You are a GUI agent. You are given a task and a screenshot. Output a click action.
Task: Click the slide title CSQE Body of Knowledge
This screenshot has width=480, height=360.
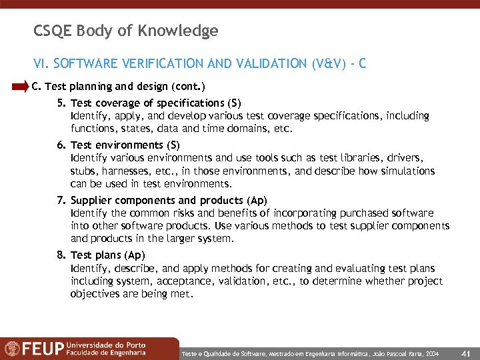point(125,31)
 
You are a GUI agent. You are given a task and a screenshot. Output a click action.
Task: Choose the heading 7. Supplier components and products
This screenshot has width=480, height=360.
point(159,200)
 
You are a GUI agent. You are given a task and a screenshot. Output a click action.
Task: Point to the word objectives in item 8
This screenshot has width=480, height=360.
point(94,293)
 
